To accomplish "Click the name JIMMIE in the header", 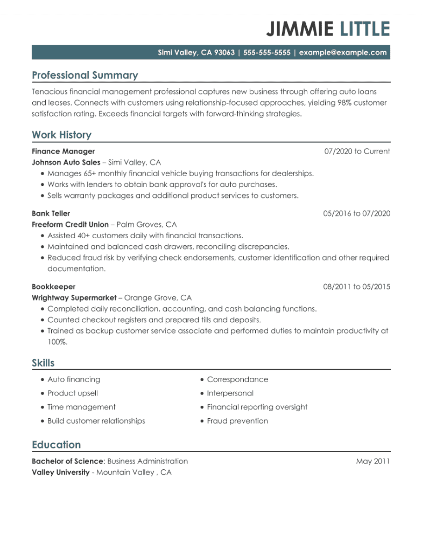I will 300,29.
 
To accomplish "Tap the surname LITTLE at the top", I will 365,29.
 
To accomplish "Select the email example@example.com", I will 343,52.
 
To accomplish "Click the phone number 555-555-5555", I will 266,52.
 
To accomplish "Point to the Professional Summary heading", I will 85,75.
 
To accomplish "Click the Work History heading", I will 61,135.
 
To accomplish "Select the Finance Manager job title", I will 63,151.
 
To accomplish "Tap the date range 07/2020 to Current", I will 357,151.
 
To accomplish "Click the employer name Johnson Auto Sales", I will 66,162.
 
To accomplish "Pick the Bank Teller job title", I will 51,213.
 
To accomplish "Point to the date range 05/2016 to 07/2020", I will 356,213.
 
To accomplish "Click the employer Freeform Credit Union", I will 70,224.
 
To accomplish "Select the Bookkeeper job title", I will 53,287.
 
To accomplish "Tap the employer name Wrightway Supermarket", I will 73,297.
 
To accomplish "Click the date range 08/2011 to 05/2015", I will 356,287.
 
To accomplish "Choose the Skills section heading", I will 43,363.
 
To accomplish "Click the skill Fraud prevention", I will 237,421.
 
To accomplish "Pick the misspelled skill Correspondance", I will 237,379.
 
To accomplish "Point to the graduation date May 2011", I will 373,461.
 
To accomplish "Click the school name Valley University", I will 60,472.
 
